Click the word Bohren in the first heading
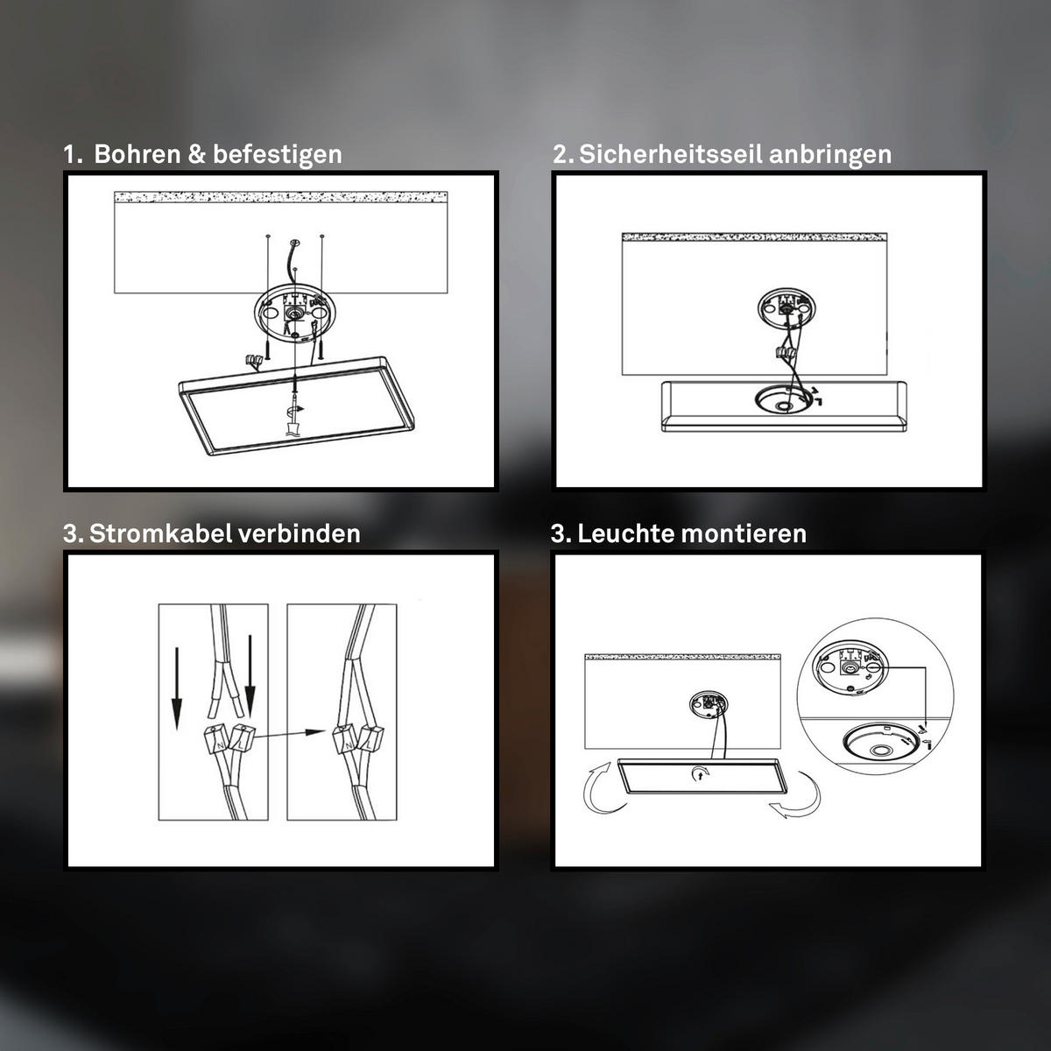tap(137, 154)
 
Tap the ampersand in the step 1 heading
tap(196, 154)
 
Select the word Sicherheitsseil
tap(670, 154)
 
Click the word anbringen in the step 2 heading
tap(830, 155)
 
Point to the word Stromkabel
tap(160, 533)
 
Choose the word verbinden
tap(300, 533)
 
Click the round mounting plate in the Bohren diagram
tap(295, 316)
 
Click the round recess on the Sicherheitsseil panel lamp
tap(783, 399)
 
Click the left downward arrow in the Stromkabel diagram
tap(177, 688)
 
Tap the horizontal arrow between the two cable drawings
tap(290, 734)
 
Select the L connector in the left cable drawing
tap(241, 738)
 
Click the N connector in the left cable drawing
tap(216, 739)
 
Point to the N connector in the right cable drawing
tap(345, 739)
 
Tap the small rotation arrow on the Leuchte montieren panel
tap(701, 772)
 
